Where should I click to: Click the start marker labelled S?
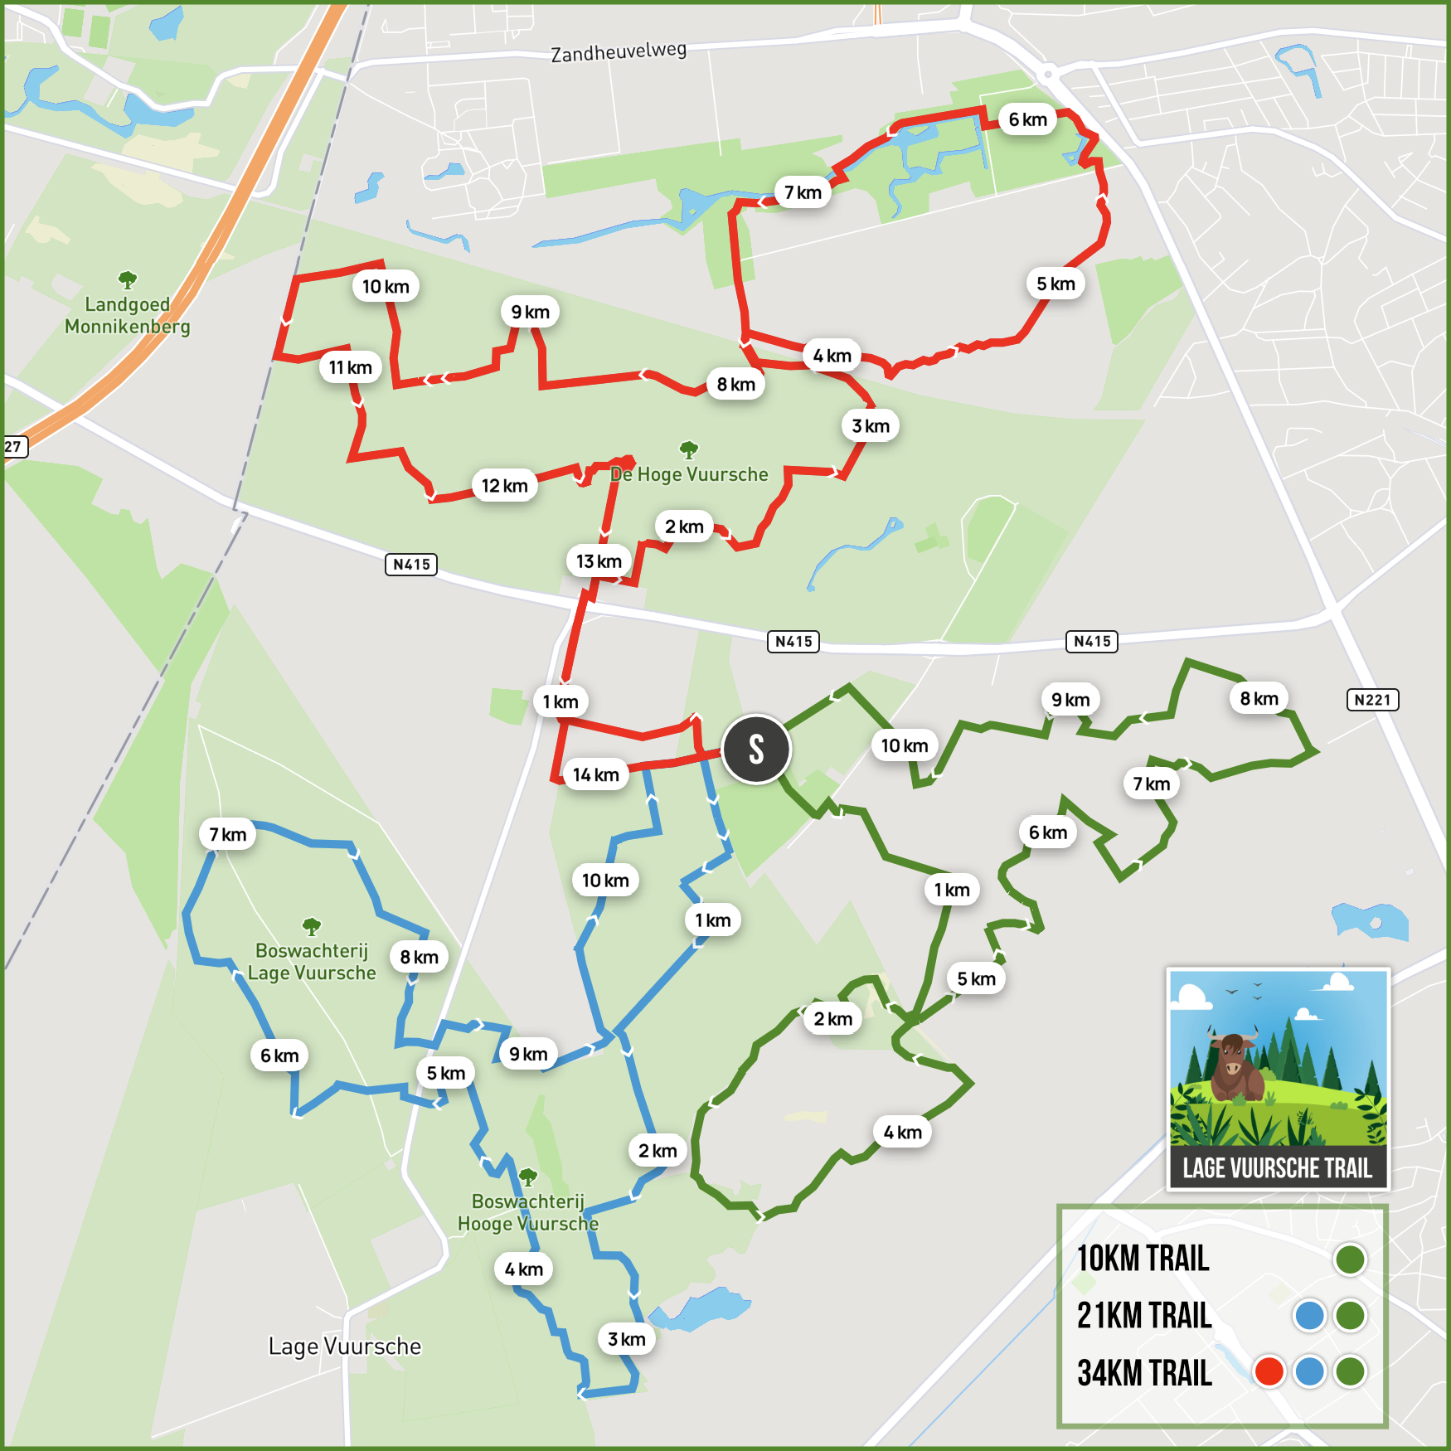[756, 750]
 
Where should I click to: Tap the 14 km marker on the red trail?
[595, 774]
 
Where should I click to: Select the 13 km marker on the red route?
[599, 561]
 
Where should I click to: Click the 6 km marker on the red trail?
[1027, 119]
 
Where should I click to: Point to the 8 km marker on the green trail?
[1259, 699]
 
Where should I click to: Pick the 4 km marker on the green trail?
[902, 1133]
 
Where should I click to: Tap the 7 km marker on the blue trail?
[227, 834]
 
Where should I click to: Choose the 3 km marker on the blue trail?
[626, 1339]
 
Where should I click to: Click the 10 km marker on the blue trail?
[605, 881]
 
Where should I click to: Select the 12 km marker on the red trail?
[504, 486]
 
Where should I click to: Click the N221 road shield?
[1372, 700]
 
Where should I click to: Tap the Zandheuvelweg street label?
[619, 52]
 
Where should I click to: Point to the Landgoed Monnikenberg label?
[128, 316]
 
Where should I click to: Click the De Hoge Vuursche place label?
[689, 474]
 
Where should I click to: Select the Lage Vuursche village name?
[345, 1347]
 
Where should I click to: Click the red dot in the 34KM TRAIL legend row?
[1269, 1371]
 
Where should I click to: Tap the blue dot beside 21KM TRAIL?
[1309, 1316]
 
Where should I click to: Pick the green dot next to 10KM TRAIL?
[1350, 1259]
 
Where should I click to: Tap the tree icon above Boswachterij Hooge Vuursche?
[527, 1177]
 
